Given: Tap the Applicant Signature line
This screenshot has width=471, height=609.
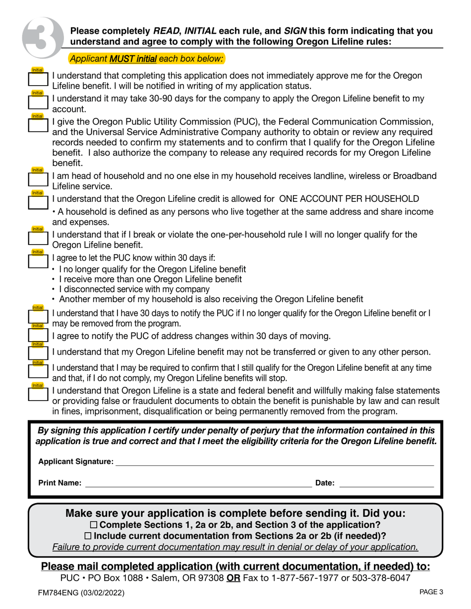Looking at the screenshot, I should tap(274, 461).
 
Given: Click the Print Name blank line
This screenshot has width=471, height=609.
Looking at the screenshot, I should tap(198, 483).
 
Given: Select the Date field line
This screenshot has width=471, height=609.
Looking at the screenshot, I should tap(386, 483).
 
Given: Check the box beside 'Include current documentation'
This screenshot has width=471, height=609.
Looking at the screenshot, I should tap(88, 536).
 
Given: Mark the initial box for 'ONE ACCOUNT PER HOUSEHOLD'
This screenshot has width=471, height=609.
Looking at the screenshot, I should tap(38, 202).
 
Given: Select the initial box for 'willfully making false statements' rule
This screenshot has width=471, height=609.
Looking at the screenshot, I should tap(38, 395).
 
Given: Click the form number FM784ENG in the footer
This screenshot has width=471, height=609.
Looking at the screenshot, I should tap(64, 592).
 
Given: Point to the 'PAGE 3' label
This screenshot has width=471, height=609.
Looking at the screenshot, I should tap(431, 591).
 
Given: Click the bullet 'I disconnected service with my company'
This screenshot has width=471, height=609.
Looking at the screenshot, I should tap(134, 289).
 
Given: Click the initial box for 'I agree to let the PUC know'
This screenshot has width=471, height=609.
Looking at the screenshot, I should tap(38, 260).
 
